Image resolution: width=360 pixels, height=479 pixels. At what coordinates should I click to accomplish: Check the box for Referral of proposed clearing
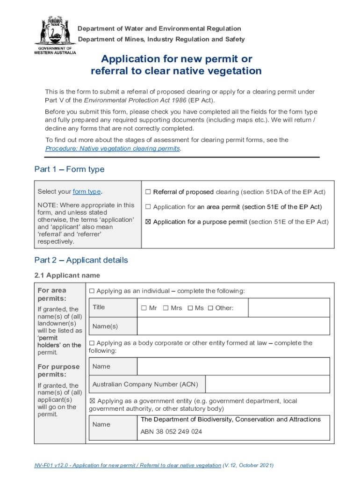148,192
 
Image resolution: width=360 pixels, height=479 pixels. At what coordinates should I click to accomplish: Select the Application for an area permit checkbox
148,207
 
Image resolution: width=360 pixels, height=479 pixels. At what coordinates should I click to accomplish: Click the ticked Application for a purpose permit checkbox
148,222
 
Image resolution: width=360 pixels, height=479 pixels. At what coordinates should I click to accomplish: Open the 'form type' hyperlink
86,192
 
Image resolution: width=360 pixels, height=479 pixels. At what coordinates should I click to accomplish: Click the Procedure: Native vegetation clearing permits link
112,148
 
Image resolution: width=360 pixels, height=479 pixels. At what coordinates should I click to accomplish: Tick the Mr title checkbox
144,308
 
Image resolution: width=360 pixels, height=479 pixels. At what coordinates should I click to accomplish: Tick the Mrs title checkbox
166,308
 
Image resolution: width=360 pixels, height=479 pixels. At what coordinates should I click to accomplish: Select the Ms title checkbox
190,308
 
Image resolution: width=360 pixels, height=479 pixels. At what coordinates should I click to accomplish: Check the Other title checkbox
210,308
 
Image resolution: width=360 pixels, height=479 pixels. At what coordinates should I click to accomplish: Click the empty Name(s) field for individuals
233,326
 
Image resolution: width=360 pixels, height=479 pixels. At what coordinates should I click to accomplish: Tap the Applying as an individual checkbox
92,291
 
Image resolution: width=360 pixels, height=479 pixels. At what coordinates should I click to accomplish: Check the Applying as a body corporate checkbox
92,343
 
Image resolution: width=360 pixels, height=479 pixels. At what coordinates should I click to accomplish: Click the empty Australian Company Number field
267,385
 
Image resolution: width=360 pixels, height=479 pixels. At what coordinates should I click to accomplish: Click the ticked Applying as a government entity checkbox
92,401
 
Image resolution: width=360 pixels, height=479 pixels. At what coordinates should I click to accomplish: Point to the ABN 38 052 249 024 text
171,432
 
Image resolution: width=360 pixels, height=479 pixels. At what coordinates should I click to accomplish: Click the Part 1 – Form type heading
69,169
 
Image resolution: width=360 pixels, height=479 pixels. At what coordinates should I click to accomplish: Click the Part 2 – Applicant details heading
81,260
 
